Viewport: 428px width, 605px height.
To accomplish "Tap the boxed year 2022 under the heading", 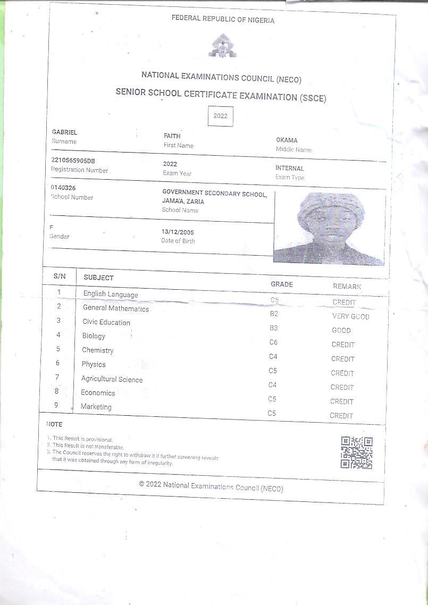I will [x=220, y=116].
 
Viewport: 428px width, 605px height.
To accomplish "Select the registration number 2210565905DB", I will [x=73, y=161].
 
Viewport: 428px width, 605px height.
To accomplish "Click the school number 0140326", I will [x=63, y=188].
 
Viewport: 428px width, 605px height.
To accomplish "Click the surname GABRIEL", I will [x=64, y=132].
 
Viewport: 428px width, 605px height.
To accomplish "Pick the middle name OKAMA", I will [x=287, y=140].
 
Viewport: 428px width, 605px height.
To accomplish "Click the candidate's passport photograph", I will [x=329, y=228].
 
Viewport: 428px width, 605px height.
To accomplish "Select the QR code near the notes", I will [x=356, y=452].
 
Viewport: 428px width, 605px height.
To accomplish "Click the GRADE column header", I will [x=282, y=284].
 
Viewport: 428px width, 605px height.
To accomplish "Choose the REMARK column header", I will [x=347, y=287].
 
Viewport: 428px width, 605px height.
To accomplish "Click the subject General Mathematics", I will [x=116, y=308].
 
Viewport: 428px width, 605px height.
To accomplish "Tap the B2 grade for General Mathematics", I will [x=274, y=314].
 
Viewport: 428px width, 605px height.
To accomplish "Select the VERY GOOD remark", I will [x=350, y=316].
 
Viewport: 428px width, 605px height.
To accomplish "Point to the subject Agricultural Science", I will [x=112, y=379].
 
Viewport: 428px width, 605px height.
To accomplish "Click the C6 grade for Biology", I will [x=273, y=342].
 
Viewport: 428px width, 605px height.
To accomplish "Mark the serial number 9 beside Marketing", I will [x=56, y=405].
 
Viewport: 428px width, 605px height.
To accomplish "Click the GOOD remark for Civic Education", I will [x=341, y=330].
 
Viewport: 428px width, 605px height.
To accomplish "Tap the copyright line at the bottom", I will [x=211, y=486].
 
